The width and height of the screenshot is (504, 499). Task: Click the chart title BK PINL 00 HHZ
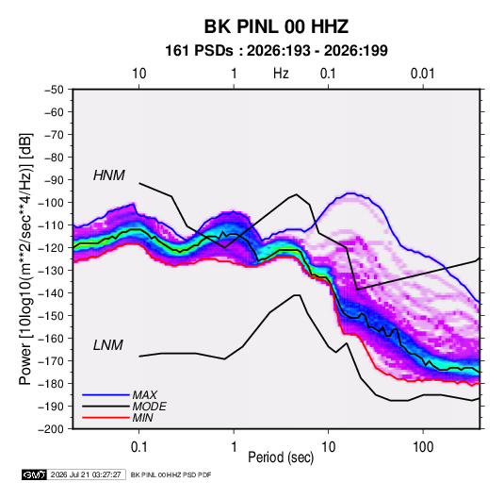click(276, 26)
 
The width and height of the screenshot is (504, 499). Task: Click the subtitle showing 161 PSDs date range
click(276, 51)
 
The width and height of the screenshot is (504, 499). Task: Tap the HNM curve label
click(109, 175)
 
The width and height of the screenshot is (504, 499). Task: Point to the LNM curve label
click(108, 345)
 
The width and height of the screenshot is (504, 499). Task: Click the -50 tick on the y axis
click(54, 90)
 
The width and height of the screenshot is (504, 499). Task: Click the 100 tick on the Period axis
click(423, 447)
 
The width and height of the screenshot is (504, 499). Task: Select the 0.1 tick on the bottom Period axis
click(138, 447)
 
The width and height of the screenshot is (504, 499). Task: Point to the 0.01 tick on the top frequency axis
click(422, 74)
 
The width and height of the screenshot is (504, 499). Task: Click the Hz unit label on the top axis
click(281, 74)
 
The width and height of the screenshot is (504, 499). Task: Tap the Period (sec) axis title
click(281, 457)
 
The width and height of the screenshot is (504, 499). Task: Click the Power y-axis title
click(25, 258)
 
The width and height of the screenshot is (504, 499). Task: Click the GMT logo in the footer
click(35, 474)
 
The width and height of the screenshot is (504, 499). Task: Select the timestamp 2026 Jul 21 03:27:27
click(86, 474)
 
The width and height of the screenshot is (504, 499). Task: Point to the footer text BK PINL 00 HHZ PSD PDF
click(171, 474)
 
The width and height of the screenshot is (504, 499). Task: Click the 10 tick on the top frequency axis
click(139, 74)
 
